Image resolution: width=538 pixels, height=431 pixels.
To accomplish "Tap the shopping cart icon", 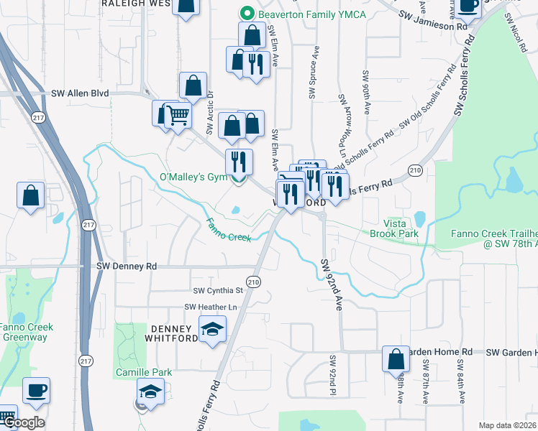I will pyautogui.click(x=177, y=115).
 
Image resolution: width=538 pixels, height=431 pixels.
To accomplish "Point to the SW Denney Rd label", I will pyautogui.click(x=127, y=266).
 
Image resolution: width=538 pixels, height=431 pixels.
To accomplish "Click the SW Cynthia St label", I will pyautogui.click(x=218, y=291).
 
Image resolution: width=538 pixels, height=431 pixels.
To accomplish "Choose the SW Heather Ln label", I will pyautogui.click(x=211, y=307).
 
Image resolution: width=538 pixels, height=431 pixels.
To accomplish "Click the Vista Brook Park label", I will pyautogui.click(x=394, y=228).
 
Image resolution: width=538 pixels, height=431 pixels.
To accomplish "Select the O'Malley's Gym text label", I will pyautogui.click(x=192, y=177).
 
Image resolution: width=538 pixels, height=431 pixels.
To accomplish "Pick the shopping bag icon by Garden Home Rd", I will pyautogui.click(x=396, y=359).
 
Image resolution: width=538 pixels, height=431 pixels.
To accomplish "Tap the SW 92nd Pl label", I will pyautogui.click(x=333, y=374).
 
